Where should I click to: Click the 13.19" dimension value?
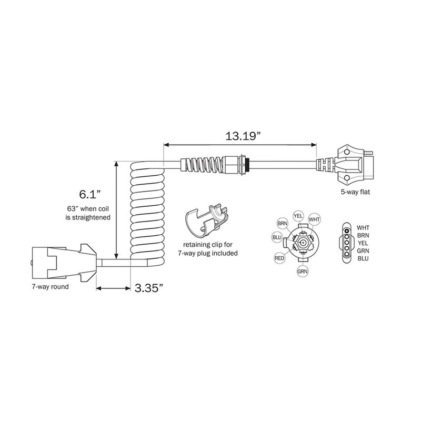[244, 136]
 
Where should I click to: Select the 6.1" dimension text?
[86, 194]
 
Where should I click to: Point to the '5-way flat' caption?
[355, 192]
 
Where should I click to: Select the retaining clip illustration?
[208, 219]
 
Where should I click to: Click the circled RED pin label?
[279, 258]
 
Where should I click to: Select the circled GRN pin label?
[302, 272]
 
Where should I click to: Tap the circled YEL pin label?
[298, 215]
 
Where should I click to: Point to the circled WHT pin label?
[314, 219]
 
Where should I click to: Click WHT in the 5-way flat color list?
[363, 227]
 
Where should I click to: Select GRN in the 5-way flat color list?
[363, 250]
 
